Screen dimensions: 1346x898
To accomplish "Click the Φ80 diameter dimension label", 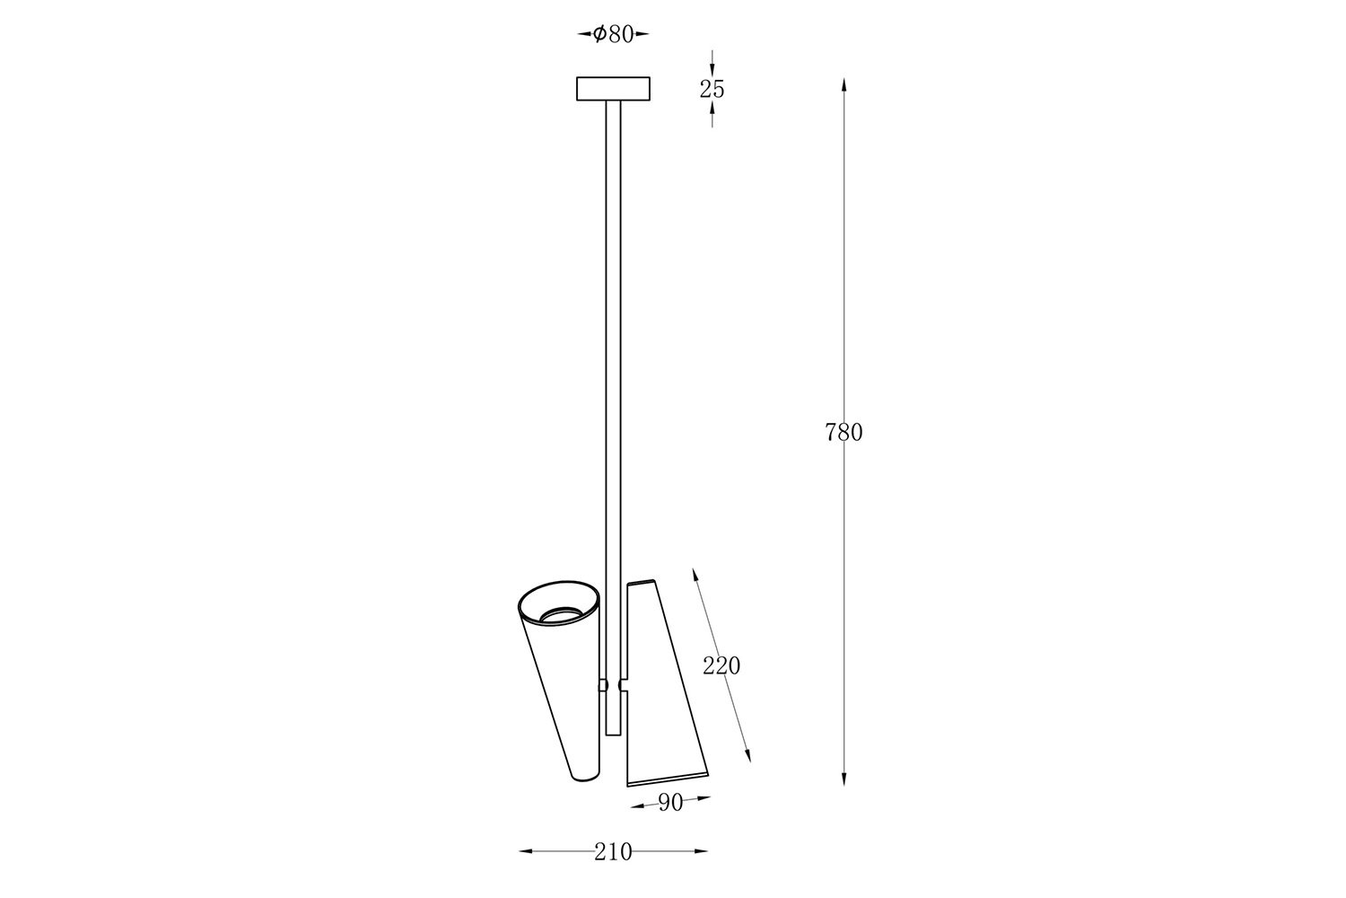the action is [613, 34].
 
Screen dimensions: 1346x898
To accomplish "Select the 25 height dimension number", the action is [712, 89].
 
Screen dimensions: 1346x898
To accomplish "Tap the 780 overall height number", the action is [843, 433].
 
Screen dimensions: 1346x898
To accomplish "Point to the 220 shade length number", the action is [721, 665].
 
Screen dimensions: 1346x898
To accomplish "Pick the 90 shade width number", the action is [670, 803].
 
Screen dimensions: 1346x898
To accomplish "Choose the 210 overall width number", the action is [613, 851].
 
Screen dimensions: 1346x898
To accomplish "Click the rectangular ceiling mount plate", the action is [613, 88].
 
